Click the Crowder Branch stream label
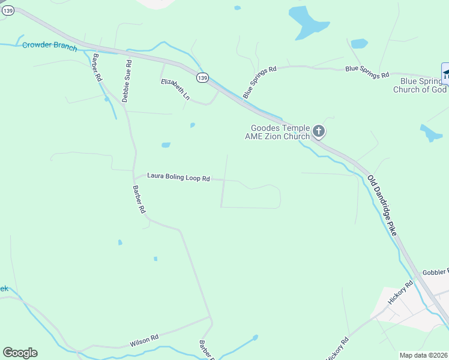(50, 46)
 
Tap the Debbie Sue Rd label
(127, 80)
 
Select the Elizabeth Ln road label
(175, 89)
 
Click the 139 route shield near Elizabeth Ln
(203, 78)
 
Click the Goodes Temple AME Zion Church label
(280, 132)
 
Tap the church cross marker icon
(319, 131)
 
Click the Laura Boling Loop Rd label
(178, 178)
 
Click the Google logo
(20, 353)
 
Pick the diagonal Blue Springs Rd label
(259, 82)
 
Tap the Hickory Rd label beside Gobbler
(401, 292)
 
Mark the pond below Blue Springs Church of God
(431, 133)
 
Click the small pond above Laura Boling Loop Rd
(166, 145)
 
